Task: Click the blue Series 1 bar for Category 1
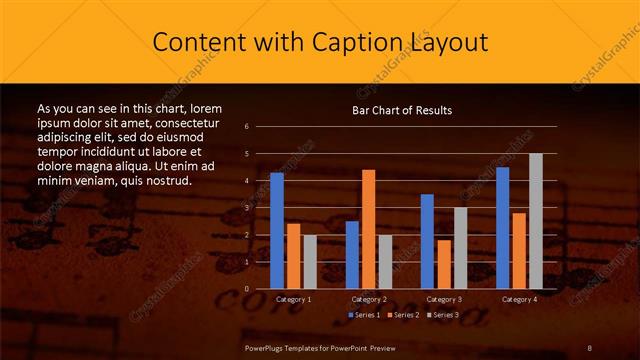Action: click(277, 231)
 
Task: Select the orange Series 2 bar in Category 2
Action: click(368, 229)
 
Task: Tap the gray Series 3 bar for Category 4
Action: click(535, 221)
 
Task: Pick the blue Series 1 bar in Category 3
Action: click(427, 241)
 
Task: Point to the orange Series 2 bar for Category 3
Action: click(443, 264)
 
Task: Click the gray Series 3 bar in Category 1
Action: click(309, 262)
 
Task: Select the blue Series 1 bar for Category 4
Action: click(502, 228)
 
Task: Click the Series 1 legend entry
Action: click(364, 315)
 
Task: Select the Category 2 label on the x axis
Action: click(368, 299)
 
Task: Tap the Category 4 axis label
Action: click(518, 299)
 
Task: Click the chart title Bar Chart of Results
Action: click(402, 110)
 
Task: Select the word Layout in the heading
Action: click(448, 42)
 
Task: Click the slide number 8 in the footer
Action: click(591, 347)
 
